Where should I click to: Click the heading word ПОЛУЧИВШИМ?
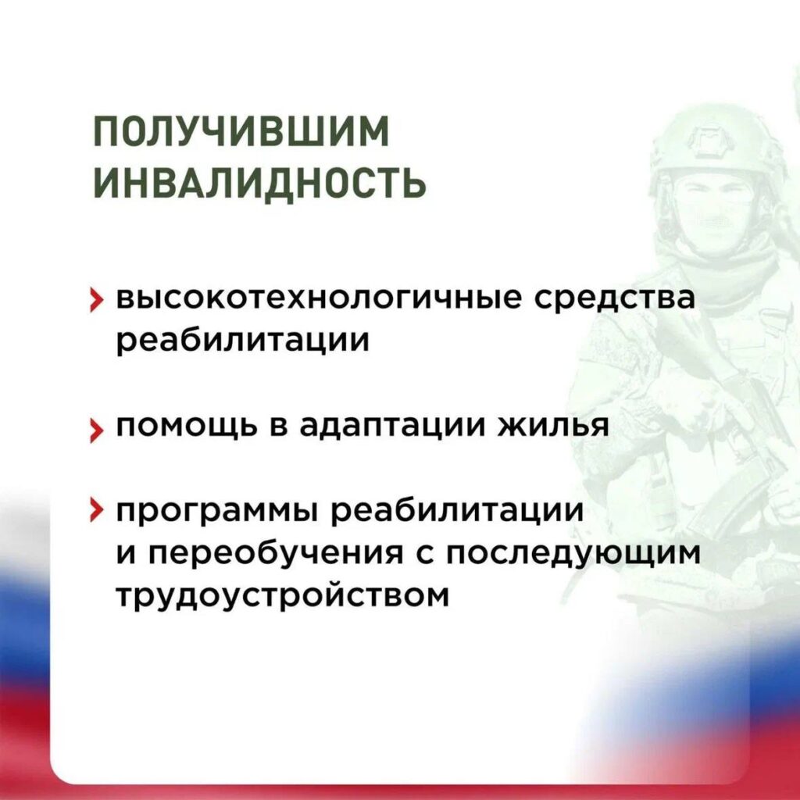coord(241,131)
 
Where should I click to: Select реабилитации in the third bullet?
coord(457,512)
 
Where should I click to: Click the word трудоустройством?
coord(283,596)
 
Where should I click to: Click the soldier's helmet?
coord(720,141)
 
